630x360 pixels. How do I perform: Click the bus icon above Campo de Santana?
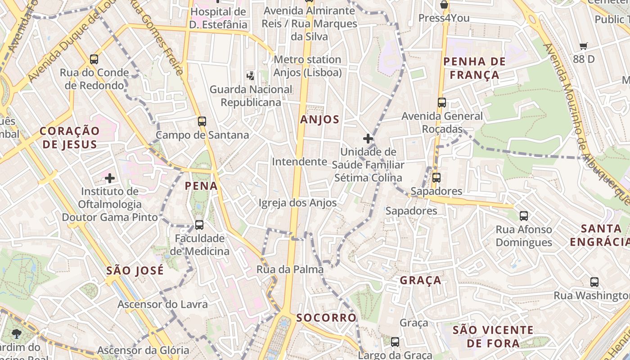coord(202,121)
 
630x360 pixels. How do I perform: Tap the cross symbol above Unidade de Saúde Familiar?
coord(368,139)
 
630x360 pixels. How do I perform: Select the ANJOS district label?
coord(319,119)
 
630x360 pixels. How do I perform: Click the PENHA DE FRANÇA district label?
coord(474,68)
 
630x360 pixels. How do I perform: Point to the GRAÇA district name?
coord(421,280)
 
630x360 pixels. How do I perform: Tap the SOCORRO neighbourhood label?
coord(326,317)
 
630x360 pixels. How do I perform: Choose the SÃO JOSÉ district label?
coord(135,270)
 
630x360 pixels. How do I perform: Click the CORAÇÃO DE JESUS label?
coord(69,138)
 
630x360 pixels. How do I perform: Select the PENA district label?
coord(201,186)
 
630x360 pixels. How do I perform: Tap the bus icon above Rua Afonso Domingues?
coord(524,216)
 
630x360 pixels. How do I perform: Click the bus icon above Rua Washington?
coord(594,282)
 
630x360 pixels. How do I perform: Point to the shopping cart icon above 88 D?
coord(584,45)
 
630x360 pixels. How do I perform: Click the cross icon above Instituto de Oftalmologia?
coord(110,178)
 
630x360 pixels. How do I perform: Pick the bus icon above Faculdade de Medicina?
coord(199,225)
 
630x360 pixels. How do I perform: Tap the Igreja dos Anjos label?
coord(297,203)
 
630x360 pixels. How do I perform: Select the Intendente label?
coord(299,162)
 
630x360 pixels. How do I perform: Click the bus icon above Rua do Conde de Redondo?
coord(94,59)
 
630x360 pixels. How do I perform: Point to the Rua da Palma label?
coord(290,270)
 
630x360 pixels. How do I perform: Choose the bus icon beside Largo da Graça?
coord(395,342)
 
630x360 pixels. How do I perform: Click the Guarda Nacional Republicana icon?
coord(250,76)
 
